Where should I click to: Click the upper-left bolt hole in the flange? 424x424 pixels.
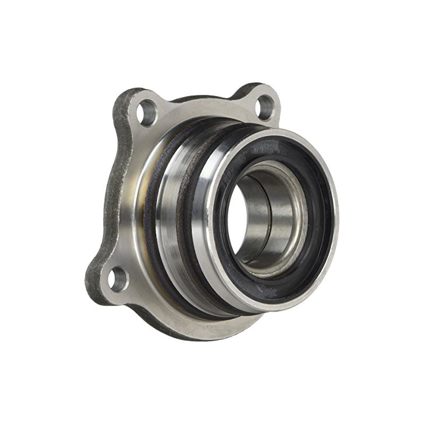point(147,113)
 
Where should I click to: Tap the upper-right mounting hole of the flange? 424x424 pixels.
point(263,108)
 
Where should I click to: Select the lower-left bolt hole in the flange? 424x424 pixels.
point(118,279)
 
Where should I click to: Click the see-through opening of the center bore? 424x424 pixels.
point(240,217)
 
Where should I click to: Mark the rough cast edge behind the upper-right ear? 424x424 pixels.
point(249,90)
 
